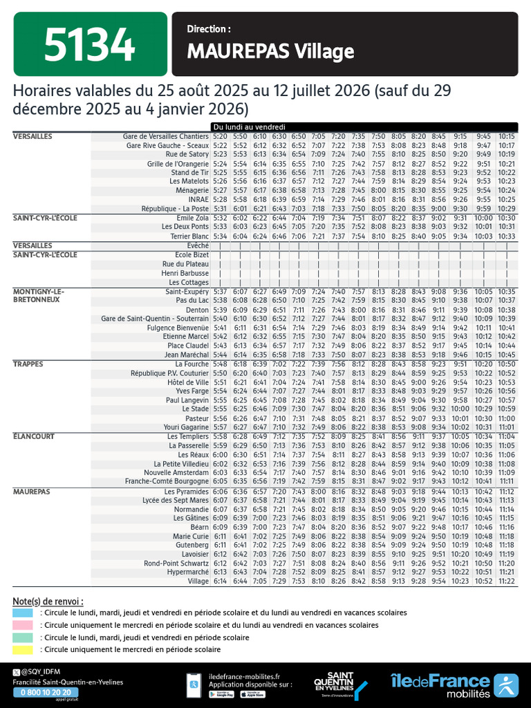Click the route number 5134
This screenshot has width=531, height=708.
(89, 46)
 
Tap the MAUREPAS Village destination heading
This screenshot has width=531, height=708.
(270, 52)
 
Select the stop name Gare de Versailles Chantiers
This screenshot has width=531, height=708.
(165, 136)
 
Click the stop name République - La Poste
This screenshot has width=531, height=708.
(174, 209)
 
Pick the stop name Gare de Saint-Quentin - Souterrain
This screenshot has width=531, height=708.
(154, 319)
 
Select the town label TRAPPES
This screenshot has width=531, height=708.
(28, 363)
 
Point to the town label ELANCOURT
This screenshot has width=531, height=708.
(32, 436)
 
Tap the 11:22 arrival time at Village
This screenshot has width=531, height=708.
(506, 581)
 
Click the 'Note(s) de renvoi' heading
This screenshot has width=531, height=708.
(48, 600)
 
